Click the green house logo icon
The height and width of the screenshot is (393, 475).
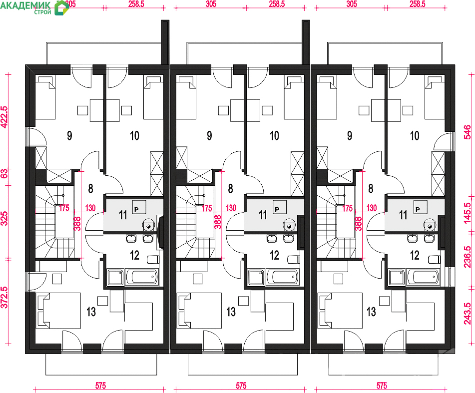(x=61, y=7)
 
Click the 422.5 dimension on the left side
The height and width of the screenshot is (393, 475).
(x=4, y=117)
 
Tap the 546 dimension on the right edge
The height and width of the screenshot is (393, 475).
(x=468, y=132)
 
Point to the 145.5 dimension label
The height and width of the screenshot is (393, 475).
(x=468, y=213)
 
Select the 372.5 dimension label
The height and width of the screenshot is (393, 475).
(x=4, y=297)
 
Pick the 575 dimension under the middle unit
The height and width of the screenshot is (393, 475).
(x=241, y=386)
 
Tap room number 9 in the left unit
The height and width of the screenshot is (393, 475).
(x=69, y=136)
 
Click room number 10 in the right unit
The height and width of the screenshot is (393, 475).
(x=415, y=136)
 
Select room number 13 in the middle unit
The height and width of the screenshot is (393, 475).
(x=231, y=311)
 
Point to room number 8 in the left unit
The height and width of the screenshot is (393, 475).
(x=90, y=189)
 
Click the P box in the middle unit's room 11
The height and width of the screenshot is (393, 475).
(x=277, y=207)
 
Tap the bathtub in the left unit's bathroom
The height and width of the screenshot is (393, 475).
(x=141, y=277)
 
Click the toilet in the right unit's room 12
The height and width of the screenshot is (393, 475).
(x=435, y=260)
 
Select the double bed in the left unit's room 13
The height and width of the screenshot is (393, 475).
(x=58, y=310)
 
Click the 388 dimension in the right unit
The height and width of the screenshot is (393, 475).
(x=359, y=223)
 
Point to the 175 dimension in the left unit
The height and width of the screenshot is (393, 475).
(x=64, y=208)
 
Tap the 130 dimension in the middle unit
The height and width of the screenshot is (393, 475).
(x=231, y=208)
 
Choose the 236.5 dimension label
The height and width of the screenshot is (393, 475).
(x=468, y=257)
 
